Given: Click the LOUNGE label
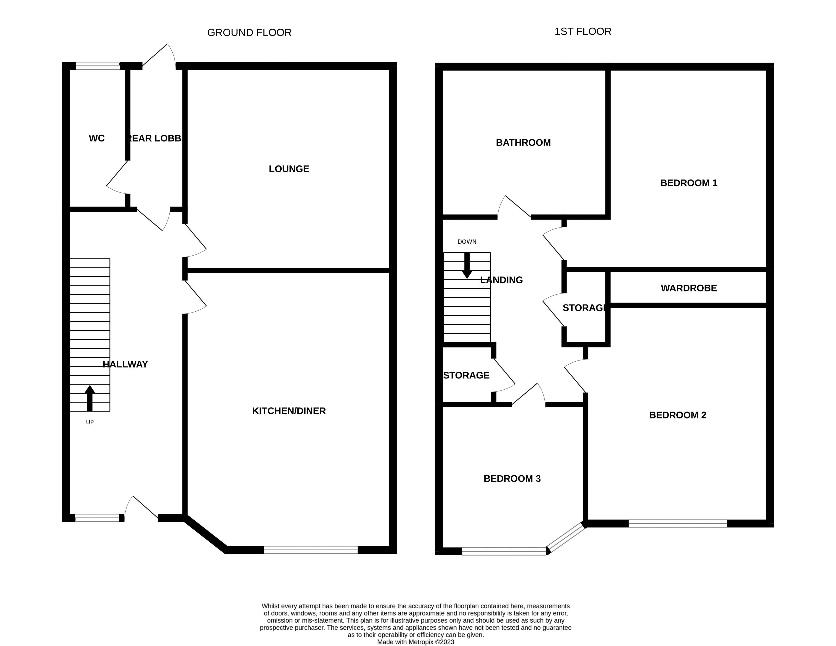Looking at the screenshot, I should tap(289, 169).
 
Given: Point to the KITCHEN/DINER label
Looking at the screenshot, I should tap(289, 411).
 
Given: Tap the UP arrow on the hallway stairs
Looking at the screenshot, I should tap(90, 398).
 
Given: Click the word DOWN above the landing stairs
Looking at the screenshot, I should tap(467, 242).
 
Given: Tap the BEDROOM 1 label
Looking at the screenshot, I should tap(689, 183).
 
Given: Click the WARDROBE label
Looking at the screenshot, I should tap(689, 288).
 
